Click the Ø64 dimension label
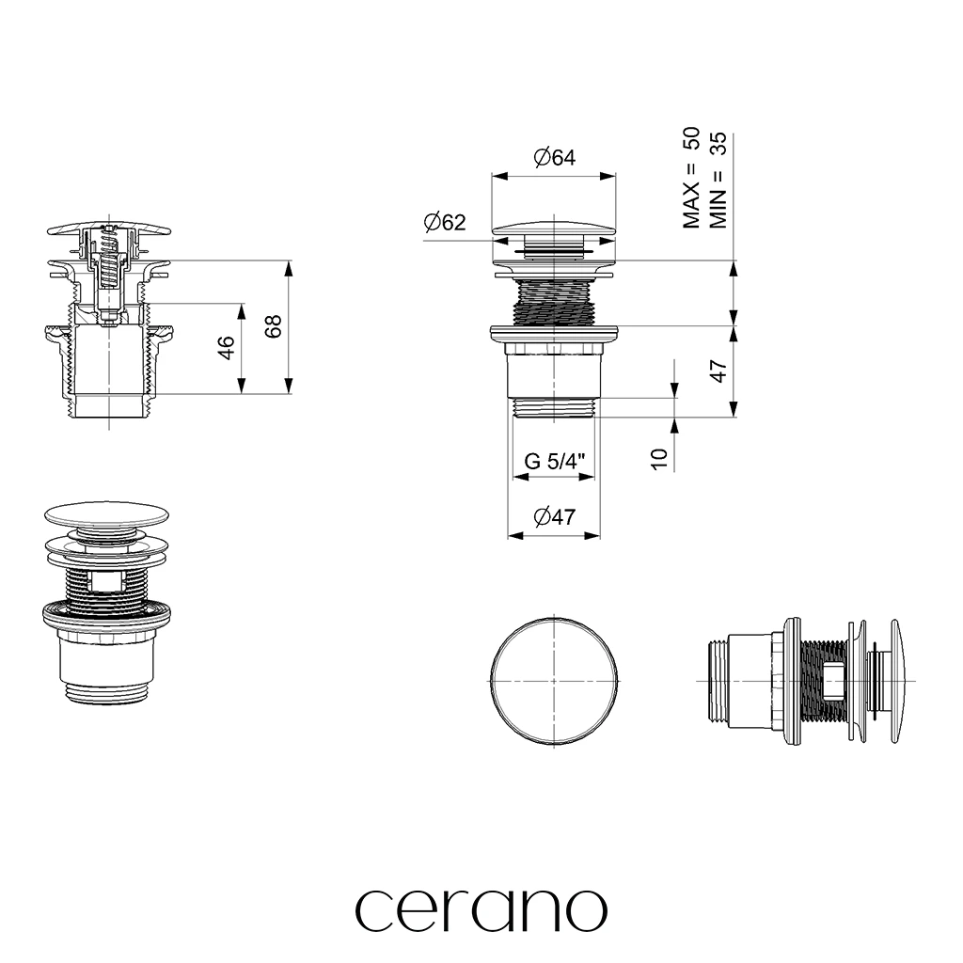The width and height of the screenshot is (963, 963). click(555, 158)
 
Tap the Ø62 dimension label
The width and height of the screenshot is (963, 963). click(445, 222)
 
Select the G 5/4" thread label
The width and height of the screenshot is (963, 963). click(555, 461)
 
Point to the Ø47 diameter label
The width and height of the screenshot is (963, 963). click(555, 517)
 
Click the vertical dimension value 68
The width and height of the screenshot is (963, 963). click(273, 326)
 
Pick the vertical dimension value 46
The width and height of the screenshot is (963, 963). click(226, 348)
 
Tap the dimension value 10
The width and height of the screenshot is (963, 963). click(658, 459)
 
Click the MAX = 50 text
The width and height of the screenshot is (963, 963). click(691, 178)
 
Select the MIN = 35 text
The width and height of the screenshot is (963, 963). click(718, 180)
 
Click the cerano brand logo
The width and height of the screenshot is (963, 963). click(481, 910)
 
